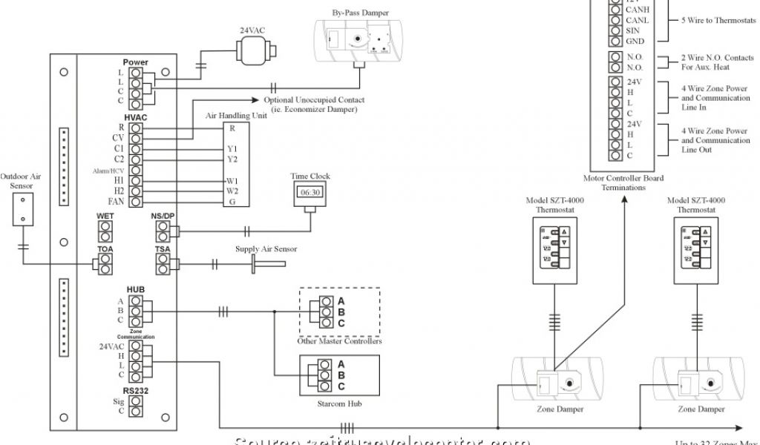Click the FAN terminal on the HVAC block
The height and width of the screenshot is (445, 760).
(x=137, y=202)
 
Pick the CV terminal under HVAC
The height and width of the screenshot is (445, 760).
(x=137, y=138)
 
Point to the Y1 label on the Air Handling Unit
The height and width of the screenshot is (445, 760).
(x=232, y=149)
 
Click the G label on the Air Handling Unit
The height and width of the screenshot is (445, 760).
(x=232, y=202)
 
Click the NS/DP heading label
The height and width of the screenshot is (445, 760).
(x=163, y=216)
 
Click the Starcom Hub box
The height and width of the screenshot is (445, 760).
(x=339, y=375)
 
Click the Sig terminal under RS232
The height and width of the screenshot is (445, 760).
(x=137, y=400)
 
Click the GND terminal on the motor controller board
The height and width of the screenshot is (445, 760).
(x=615, y=42)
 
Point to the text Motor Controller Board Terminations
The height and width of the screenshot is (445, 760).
(x=623, y=182)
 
